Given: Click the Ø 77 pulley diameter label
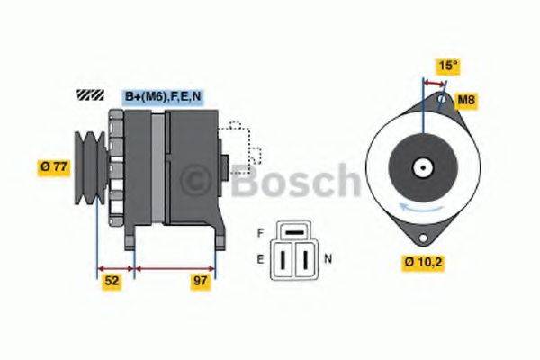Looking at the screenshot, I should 52,166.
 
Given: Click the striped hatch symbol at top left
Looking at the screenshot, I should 91,94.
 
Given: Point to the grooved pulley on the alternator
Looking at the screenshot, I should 89,166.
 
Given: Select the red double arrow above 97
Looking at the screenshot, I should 175,267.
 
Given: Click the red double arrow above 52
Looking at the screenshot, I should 114,267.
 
